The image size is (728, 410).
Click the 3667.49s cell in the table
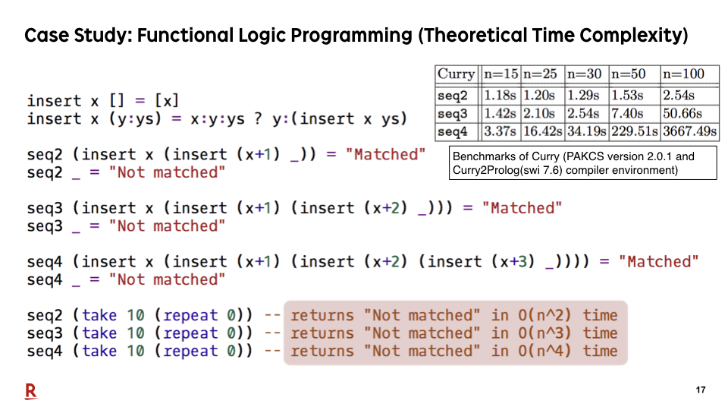pos(689,131)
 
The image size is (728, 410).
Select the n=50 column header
pos(628,74)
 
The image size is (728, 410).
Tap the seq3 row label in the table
pos(453,114)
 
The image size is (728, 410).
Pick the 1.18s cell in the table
pos(500,96)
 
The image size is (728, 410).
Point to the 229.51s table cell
pos(634,131)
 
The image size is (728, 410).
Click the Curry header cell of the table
pos(456,74)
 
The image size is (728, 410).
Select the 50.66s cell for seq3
pos(682,113)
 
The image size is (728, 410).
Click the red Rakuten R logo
pos(30,392)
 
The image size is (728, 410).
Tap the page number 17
pos(701,390)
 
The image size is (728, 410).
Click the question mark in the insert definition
pos(258,119)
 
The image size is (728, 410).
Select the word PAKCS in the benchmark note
pos(584,156)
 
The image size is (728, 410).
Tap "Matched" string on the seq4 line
pos(658,262)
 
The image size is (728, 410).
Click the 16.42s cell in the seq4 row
pos(543,131)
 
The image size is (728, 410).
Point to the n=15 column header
pos(500,74)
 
